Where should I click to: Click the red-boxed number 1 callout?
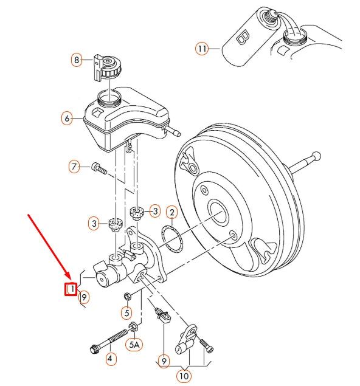click(x=72, y=289)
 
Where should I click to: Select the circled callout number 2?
click(x=172, y=212)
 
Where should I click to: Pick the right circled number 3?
click(x=155, y=211)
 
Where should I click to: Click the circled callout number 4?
click(x=110, y=359)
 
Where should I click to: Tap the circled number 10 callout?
click(x=183, y=376)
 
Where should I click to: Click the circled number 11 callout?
click(x=202, y=47)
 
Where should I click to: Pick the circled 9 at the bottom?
click(x=164, y=361)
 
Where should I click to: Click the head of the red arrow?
click(x=69, y=277)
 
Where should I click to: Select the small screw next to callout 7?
click(x=99, y=168)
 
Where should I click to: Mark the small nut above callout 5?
click(x=127, y=296)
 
